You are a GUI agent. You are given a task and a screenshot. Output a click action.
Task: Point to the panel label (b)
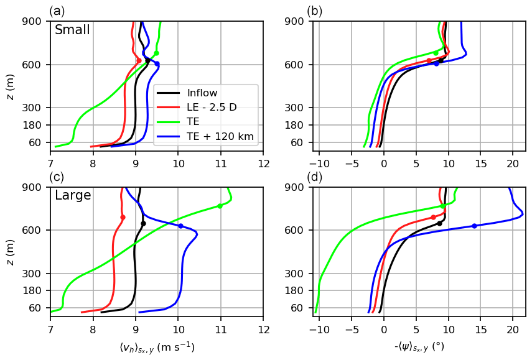coord(314,11)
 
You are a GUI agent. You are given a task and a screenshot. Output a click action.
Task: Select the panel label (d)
coord(314,177)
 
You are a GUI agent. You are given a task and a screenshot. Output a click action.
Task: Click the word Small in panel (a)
coord(72,30)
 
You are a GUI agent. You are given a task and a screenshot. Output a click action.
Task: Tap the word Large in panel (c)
coord(73,196)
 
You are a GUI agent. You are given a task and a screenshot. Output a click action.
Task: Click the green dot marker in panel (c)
coord(220,206)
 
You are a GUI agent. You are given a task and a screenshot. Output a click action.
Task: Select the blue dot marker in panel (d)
coord(474,226)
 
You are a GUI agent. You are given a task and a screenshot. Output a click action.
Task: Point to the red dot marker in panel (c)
coord(123,217)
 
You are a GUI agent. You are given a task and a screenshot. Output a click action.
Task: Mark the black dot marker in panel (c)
coord(143,223)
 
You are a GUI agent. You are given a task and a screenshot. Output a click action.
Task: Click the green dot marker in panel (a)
coord(156,53)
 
